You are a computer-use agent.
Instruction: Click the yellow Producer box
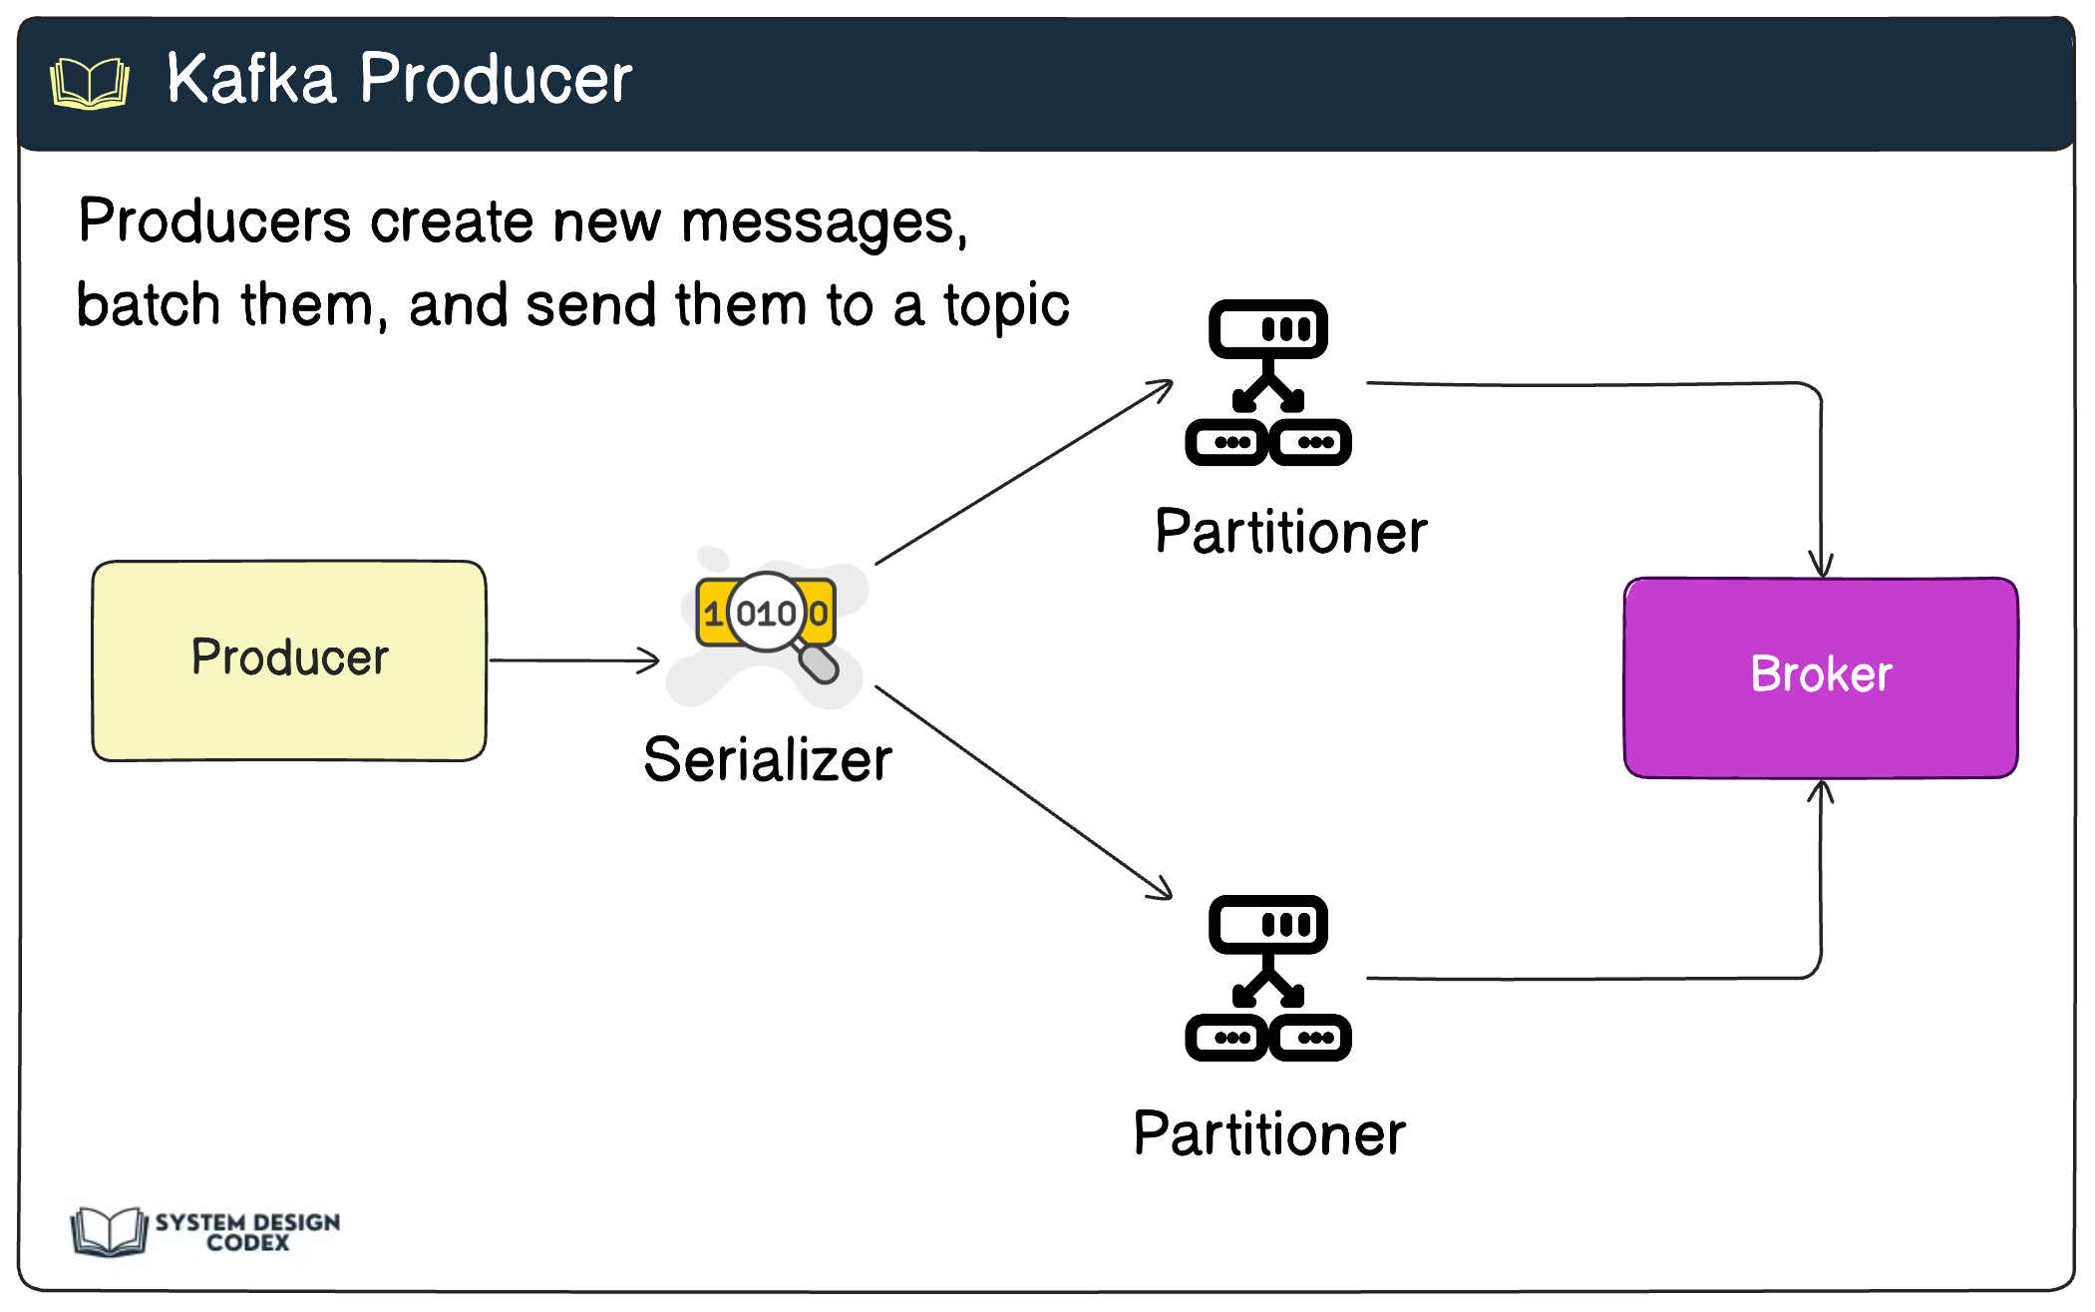tap(289, 659)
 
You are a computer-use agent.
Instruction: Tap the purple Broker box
tap(1821, 676)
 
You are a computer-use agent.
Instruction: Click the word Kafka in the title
tap(250, 79)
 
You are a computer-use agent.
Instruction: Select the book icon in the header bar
tap(90, 83)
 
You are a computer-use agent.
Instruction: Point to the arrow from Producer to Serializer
tap(573, 659)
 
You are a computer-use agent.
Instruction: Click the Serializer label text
tap(767, 760)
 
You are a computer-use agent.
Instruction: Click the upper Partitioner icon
tap(1267, 383)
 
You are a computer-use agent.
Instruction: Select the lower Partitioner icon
tap(1267, 979)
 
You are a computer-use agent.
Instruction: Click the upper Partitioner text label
tap(1290, 532)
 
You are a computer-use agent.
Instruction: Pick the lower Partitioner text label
tap(1269, 1134)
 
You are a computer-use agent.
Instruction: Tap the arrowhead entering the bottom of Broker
tap(1821, 792)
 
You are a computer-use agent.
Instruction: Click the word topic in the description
tap(1006, 305)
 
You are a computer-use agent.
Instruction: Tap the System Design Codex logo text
tap(247, 1232)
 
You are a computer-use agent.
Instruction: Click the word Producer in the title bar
tap(496, 79)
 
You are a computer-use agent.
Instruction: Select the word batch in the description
tap(149, 305)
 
